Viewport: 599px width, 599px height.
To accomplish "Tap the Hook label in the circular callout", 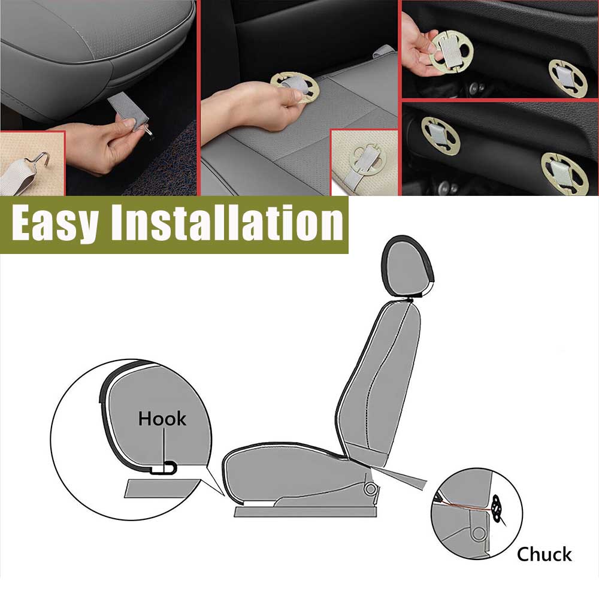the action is [162, 419].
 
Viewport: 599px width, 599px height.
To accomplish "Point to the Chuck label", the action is [544, 554].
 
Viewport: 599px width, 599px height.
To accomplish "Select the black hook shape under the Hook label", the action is [164, 468].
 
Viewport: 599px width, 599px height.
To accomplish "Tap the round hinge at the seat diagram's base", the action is [370, 489].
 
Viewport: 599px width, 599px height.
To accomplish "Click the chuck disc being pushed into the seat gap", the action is [295, 87].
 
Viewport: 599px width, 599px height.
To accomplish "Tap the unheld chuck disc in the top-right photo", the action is [568, 78].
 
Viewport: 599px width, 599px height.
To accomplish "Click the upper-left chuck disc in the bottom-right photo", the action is [440, 136].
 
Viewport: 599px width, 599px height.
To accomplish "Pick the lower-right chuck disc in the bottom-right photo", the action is [564, 174].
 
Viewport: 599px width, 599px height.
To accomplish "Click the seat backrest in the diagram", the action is [378, 382].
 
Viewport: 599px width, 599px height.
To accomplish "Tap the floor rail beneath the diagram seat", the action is [305, 512].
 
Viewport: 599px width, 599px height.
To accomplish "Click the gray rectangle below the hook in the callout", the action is [163, 488].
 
